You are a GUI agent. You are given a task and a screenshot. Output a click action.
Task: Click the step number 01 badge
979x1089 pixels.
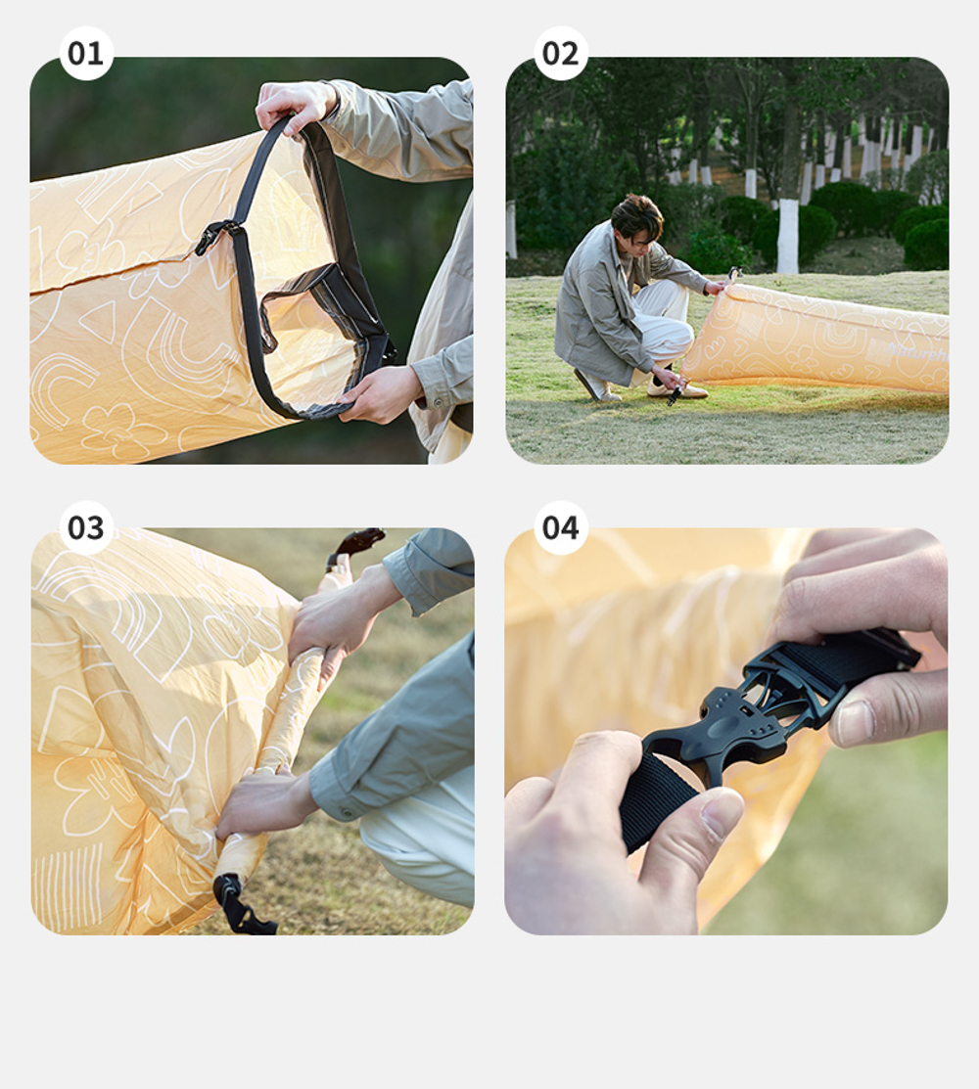coord(86,53)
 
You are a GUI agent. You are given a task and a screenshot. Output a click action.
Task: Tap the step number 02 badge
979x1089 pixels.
coord(561,53)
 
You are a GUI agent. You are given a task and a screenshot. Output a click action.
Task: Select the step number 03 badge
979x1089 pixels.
coord(86,527)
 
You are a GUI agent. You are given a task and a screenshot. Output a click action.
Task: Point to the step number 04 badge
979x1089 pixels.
coord(561,527)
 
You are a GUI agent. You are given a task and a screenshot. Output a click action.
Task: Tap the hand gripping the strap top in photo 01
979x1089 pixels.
coord(294,103)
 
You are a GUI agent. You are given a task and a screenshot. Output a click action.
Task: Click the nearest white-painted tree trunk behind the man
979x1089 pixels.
coord(787,235)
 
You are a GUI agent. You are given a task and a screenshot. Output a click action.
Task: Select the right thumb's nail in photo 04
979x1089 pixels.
coord(855,722)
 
